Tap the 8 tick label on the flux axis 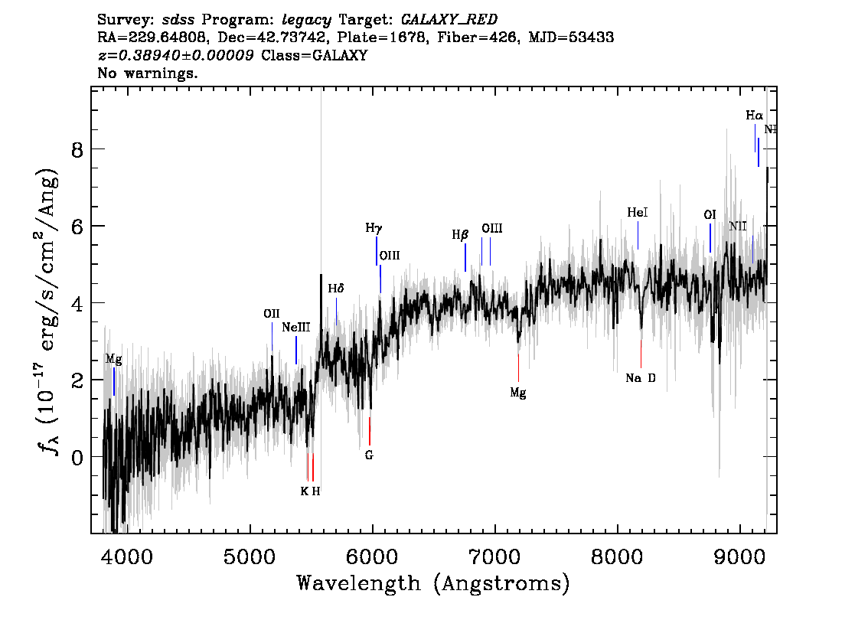(77, 150)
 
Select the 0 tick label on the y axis (77, 457)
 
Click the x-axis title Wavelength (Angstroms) (433, 584)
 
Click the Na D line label (641, 378)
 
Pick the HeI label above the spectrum (637, 212)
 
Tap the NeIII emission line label (296, 327)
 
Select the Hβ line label (460, 236)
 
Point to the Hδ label (336, 289)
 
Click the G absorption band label (369, 455)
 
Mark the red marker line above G (369, 431)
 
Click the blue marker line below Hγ (377, 251)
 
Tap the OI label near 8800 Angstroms (710, 215)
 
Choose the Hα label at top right (755, 116)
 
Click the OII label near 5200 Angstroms (272, 314)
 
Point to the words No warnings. (148, 73)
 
